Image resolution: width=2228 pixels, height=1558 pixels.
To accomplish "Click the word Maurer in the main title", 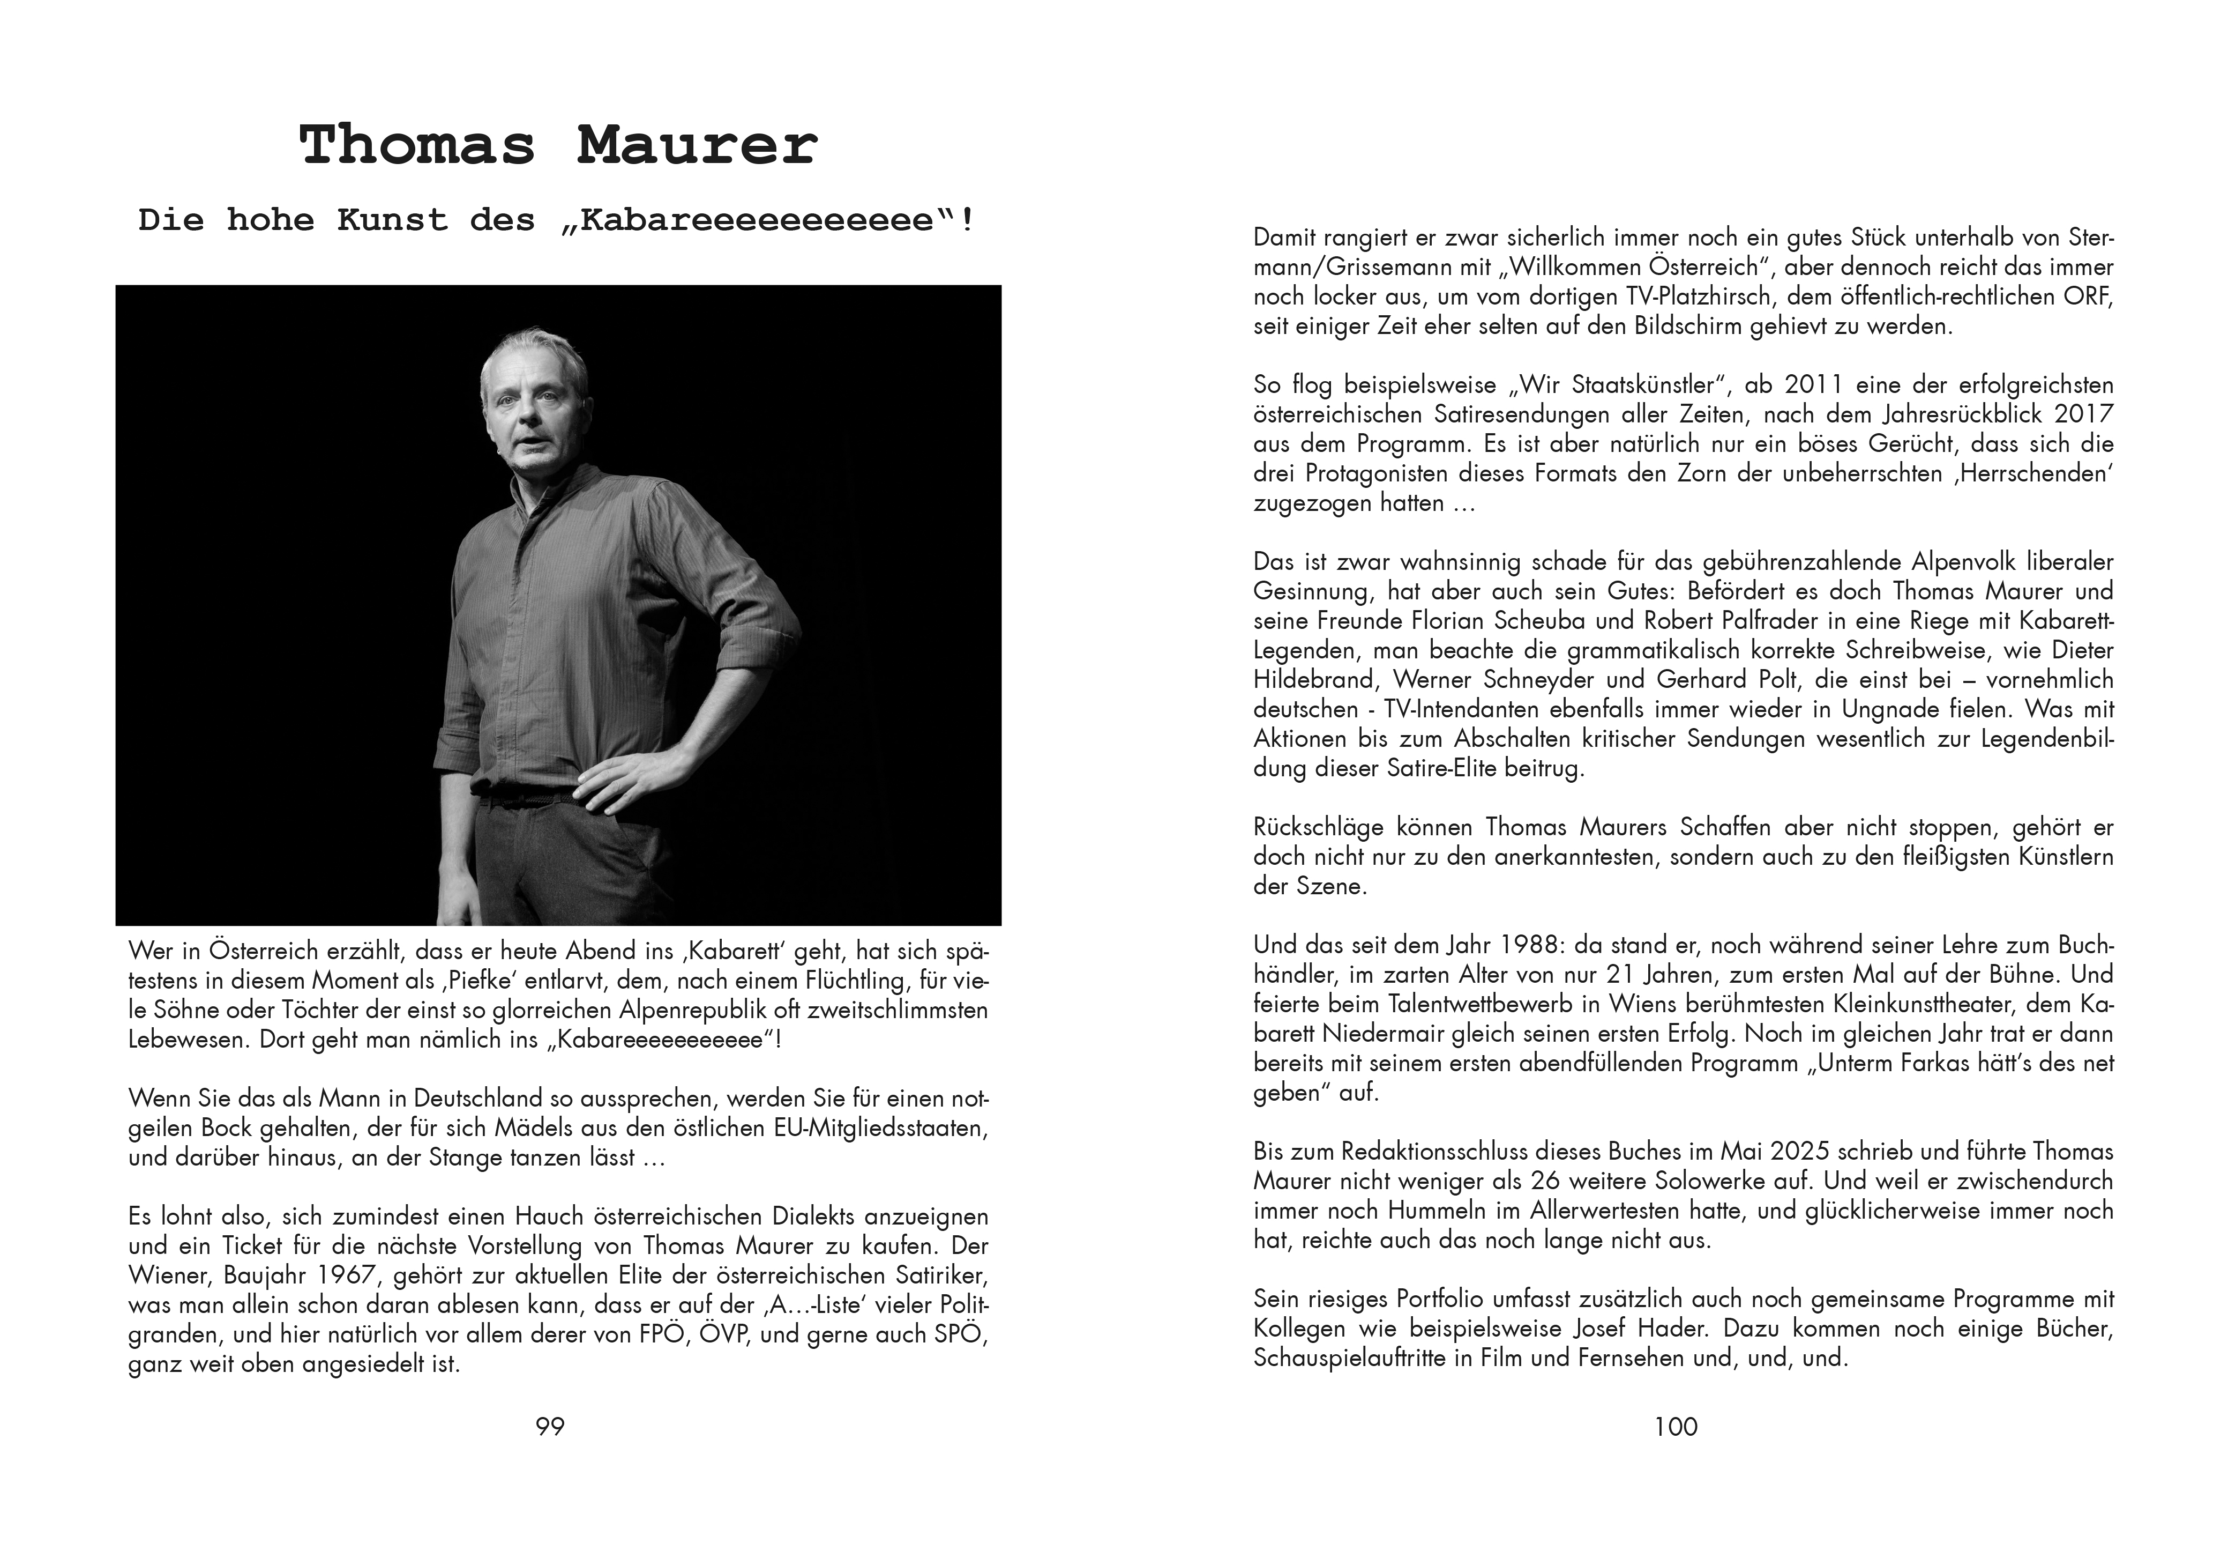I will tap(697, 146).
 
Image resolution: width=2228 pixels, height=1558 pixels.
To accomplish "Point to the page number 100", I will tap(1676, 1426).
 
